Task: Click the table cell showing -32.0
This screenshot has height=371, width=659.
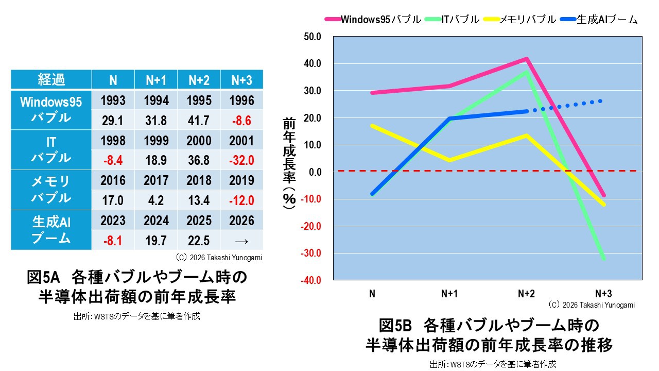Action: pos(241,160)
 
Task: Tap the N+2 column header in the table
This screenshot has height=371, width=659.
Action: pos(199,80)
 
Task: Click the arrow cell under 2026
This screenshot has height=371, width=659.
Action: pos(241,240)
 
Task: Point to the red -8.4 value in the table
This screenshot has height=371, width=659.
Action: pos(113,160)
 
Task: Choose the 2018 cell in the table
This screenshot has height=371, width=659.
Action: pos(199,180)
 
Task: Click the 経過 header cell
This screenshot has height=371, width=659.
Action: pos(51,80)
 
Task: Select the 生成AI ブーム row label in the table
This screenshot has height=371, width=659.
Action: pos(51,230)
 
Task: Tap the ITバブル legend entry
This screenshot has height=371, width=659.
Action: pos(452,20)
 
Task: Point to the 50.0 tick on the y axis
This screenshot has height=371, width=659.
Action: pos(312,37)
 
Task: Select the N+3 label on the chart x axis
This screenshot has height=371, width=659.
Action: pos(603,294)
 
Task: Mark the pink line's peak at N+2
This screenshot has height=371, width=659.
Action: pos(527,59)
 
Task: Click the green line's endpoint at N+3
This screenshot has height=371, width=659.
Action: pos(603,258)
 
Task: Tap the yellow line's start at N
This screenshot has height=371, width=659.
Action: pos(372,125)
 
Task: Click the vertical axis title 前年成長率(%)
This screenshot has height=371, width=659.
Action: pos(289,162)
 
